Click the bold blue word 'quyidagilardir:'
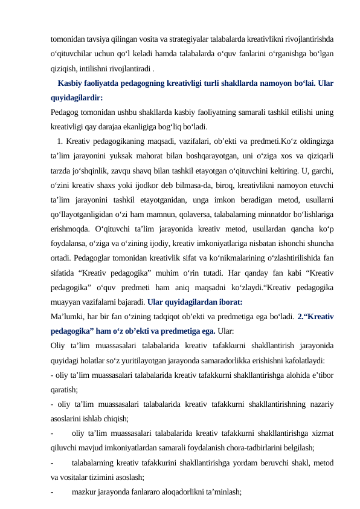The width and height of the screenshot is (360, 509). click(x=77, y=97)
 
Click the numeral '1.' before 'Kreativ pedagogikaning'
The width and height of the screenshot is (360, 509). click(x=61, y=141)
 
